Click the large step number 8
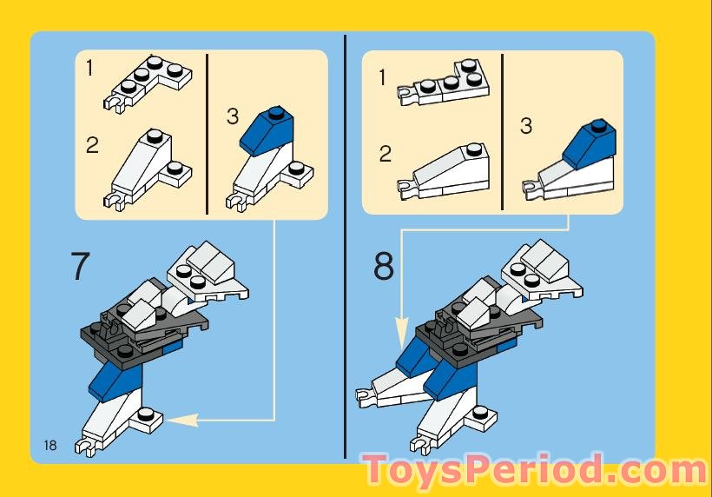pos(384,266)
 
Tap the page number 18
pos(49,445)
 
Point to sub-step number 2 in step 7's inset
pos(92,145)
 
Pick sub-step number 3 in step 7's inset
pos(232,116)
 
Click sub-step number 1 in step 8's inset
pos(383,78)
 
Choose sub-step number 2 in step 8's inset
pos(386,155)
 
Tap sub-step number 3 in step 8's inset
pos(525,126)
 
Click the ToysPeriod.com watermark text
pos(534,470)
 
